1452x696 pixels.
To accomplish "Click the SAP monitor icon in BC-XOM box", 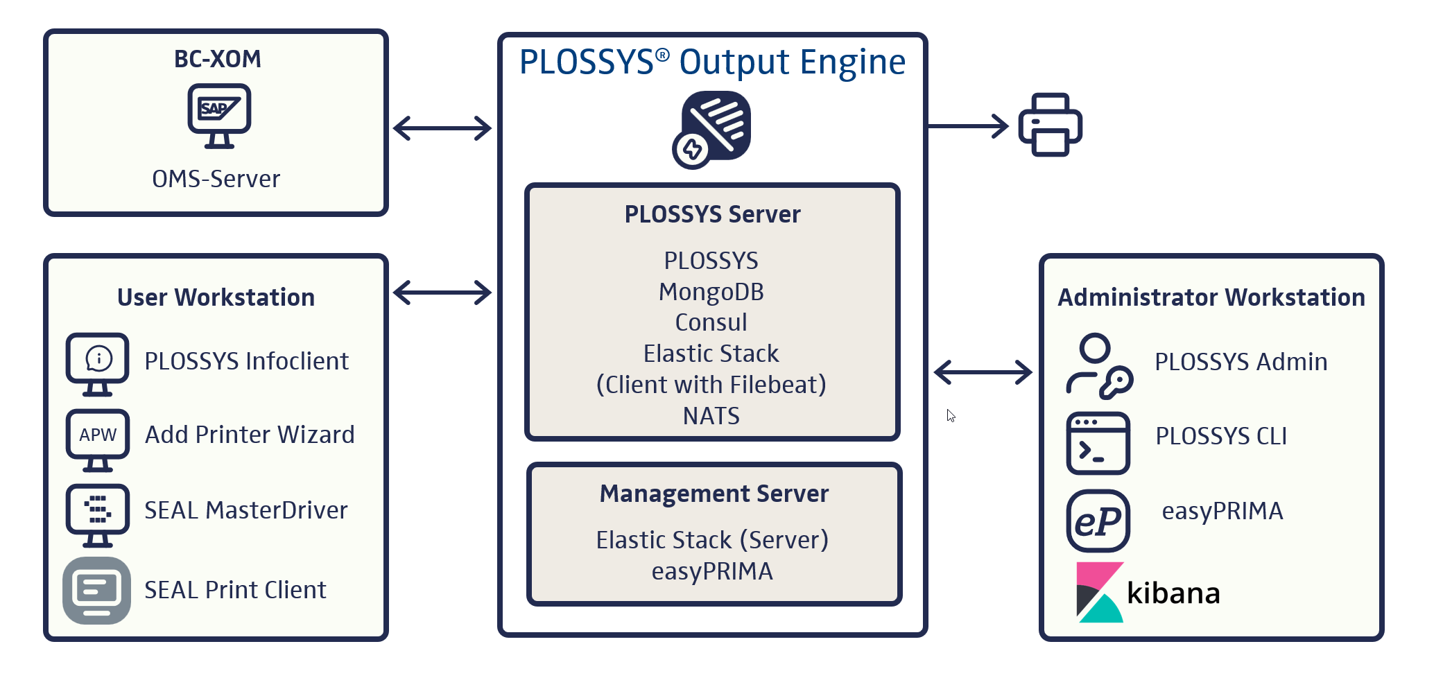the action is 219,115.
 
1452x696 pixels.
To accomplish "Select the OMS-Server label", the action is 216,179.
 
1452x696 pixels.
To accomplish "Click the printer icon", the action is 1050,125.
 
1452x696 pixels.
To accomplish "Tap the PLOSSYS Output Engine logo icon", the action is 712,130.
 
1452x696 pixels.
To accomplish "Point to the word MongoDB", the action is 711,292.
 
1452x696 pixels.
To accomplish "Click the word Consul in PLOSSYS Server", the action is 711,322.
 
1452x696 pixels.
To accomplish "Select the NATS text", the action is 711,416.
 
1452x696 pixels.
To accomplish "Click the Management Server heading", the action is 714,494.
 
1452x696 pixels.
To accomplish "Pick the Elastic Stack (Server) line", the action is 712,540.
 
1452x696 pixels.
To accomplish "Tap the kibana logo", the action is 1148,593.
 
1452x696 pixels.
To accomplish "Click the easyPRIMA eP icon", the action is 1098,521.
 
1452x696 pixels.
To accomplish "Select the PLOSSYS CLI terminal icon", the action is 1098,443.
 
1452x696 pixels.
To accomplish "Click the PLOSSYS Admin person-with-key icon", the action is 1098,366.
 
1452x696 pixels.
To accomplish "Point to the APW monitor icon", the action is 98,440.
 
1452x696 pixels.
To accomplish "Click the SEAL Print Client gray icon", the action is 97,591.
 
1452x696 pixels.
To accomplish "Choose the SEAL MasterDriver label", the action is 245,510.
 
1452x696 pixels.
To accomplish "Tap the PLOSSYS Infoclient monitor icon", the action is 98,363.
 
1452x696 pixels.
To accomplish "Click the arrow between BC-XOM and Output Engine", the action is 442,128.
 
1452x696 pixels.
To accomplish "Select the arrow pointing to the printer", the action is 968,126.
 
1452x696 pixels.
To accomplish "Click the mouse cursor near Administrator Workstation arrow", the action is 951,415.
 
